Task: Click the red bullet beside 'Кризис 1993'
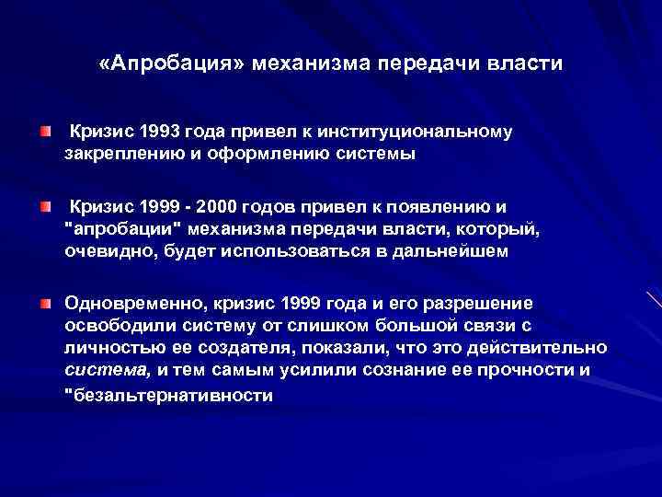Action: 45,134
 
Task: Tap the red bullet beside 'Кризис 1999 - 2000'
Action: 45,210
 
